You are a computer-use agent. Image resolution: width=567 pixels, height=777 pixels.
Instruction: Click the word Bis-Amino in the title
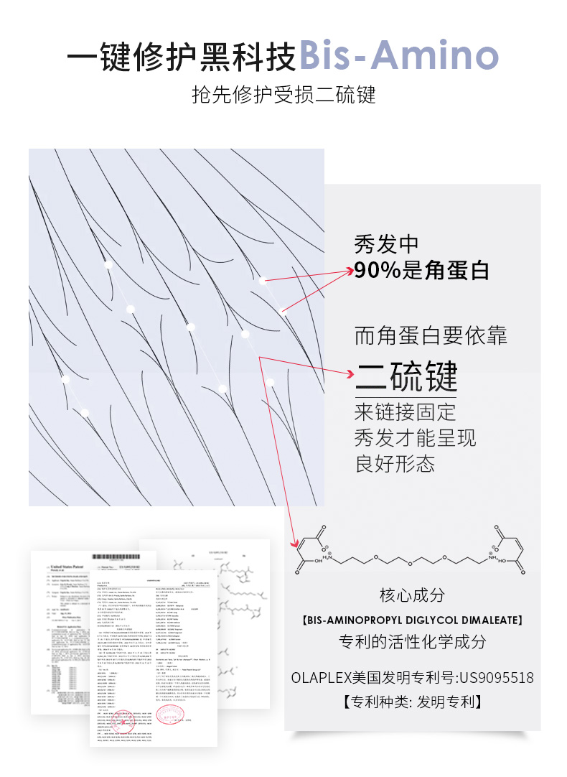tap(398, 55)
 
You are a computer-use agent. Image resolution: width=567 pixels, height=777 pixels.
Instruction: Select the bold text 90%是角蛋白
tap(421, 270)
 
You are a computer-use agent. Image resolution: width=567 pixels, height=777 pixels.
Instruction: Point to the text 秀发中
tap(386, 244)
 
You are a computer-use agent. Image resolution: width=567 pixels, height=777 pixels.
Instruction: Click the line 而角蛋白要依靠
tap(431, 335)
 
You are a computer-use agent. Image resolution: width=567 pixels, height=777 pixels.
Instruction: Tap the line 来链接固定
tap(405, 412)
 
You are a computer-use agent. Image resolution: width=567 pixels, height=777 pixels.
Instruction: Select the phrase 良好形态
tap(395, 463)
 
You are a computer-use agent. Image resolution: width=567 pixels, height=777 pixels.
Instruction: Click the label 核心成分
tap(412, 595)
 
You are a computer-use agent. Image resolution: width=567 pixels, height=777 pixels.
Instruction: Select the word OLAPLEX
tap(320, 677)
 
